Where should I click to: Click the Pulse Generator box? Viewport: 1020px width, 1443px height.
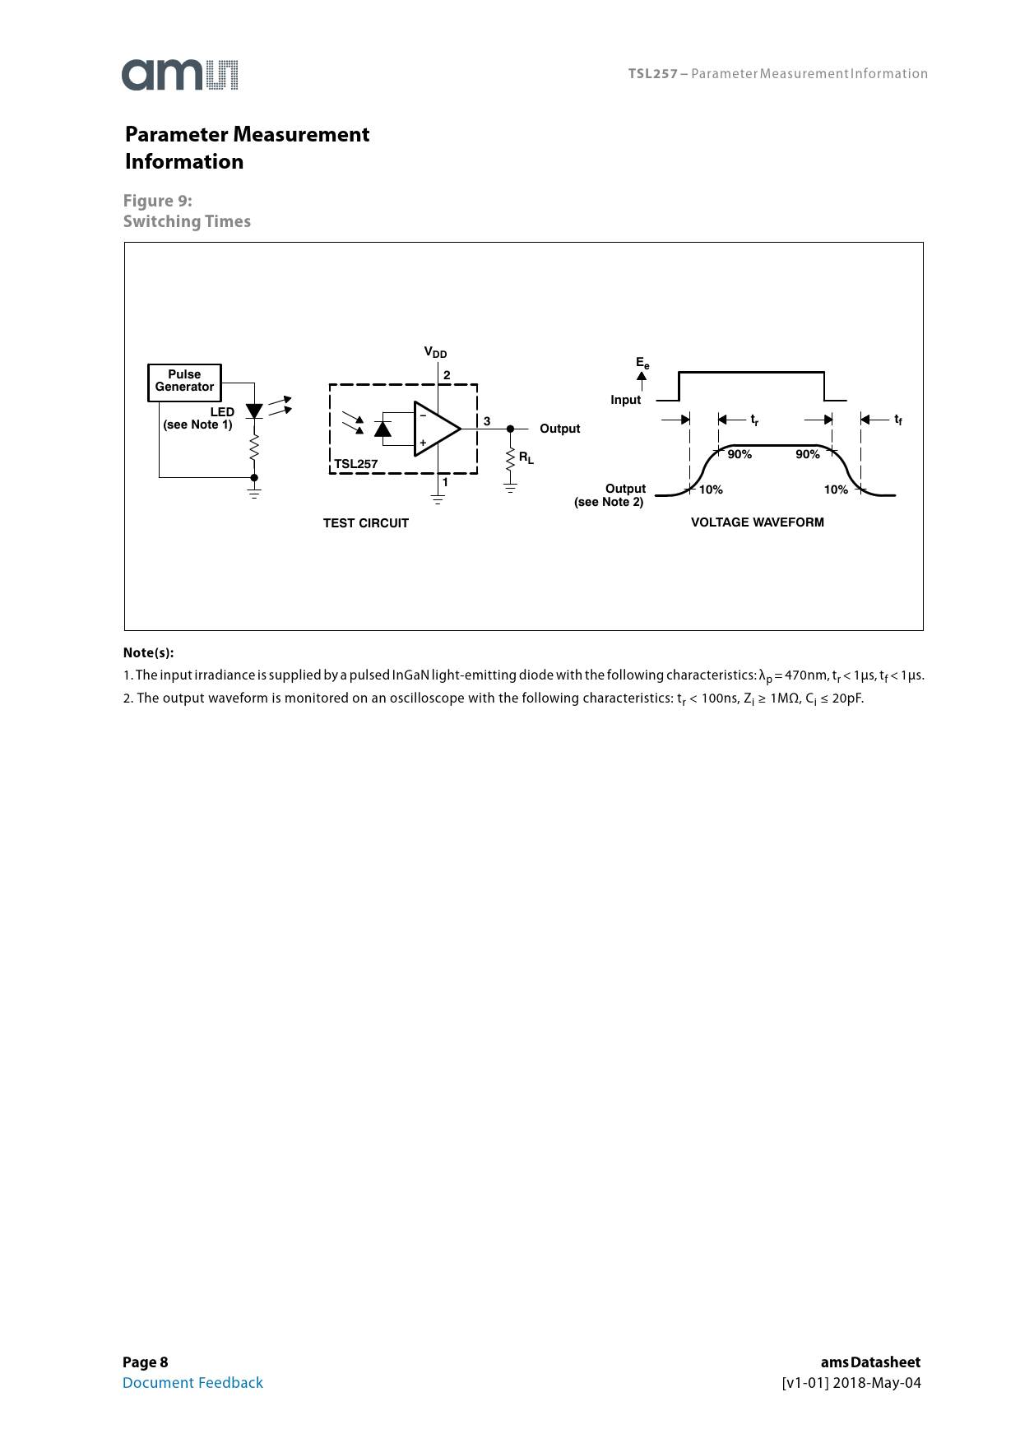pyautogui.click(x=184, y=382)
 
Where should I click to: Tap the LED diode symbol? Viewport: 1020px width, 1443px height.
pyautogui.click(x=254, y=411)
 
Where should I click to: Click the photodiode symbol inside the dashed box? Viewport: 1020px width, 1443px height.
pyautogui.click(x=382, y=429)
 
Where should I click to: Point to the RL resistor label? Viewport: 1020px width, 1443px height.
pyautogui.click(x=526, y=458)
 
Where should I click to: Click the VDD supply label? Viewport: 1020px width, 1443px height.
pyautogui.click(x=435, y=353)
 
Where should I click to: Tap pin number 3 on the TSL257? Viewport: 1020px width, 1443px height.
pyautogui.click(x=487, y=421)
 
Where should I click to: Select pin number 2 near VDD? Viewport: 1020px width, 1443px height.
pyautogui.click(x=447, y=375)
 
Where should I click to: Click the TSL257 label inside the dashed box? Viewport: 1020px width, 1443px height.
pyautogui.click(x=356, y=464)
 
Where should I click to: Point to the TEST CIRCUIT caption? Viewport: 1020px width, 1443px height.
pyautogui.click(x=366, y=523)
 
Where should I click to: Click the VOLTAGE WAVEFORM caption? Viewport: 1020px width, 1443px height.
pyautogui.click(x=757, y=522)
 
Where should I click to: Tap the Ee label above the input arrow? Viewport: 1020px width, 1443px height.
pyautogui.click(x=642, y=363)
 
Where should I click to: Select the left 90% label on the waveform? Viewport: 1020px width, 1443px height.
pyautogui.click(x=739, y=454)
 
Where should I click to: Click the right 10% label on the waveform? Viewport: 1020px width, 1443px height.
pyautogui.click(x=836, y=490)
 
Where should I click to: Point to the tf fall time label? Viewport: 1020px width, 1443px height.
pyautogui.click(x=898, y=420)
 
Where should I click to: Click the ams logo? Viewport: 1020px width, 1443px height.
pyautogui.click(x=180, y=75)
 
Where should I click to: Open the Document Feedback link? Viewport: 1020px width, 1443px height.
pyautogui.click(x=192, y=1383)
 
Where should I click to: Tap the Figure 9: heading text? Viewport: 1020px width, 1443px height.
pyautogui.click(x=158, y=201)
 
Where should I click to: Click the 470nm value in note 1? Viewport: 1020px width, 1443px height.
pyautogui.click(x=806, y=675)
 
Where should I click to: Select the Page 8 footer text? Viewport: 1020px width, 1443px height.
pyautogui.click(x=146, y=1362)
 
